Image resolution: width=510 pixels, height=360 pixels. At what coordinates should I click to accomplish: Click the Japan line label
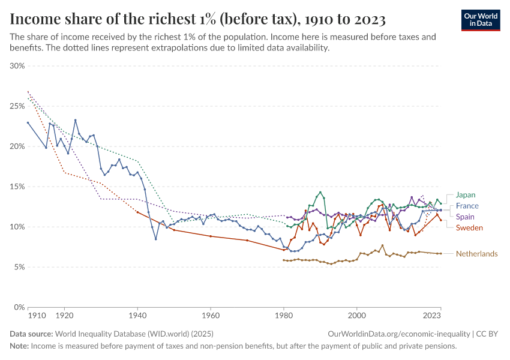tap(466, 195)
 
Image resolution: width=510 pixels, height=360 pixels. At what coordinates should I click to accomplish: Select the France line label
tap(467, 206)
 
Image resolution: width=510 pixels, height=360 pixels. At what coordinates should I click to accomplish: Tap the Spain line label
tap(466, 217)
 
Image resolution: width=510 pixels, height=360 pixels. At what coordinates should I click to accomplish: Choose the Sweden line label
tap(469, 227)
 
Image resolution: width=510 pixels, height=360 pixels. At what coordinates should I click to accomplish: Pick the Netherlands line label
tap(476, 254)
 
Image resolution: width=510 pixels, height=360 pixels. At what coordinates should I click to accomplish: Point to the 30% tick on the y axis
tap(17, 66)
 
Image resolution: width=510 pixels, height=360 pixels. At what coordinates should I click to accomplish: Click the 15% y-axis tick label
tap(17, 187)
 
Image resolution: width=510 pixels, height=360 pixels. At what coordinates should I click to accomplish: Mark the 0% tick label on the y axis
tap(19, 307)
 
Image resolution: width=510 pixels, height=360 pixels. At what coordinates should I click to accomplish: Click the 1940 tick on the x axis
tap(137, 315)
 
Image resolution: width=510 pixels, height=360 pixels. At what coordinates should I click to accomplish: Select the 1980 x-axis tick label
tap(284, 315)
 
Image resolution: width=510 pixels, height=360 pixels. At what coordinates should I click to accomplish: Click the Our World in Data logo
tap(481, 20)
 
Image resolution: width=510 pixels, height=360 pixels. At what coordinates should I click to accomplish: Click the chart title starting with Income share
tap(197, 20)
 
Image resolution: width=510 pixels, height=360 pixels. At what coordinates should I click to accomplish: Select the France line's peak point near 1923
tap(76, 120)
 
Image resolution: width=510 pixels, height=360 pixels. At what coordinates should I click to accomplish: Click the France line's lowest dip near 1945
tap(156, 239)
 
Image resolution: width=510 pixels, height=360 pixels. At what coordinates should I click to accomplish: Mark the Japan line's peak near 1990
tap(320, 193)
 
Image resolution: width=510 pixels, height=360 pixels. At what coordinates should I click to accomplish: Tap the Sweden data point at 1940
tap(137, 212)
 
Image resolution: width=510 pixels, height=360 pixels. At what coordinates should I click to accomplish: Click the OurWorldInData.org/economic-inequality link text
tap(399, 334)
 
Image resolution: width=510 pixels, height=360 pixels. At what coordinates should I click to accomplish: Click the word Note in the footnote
tap(19, 346)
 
